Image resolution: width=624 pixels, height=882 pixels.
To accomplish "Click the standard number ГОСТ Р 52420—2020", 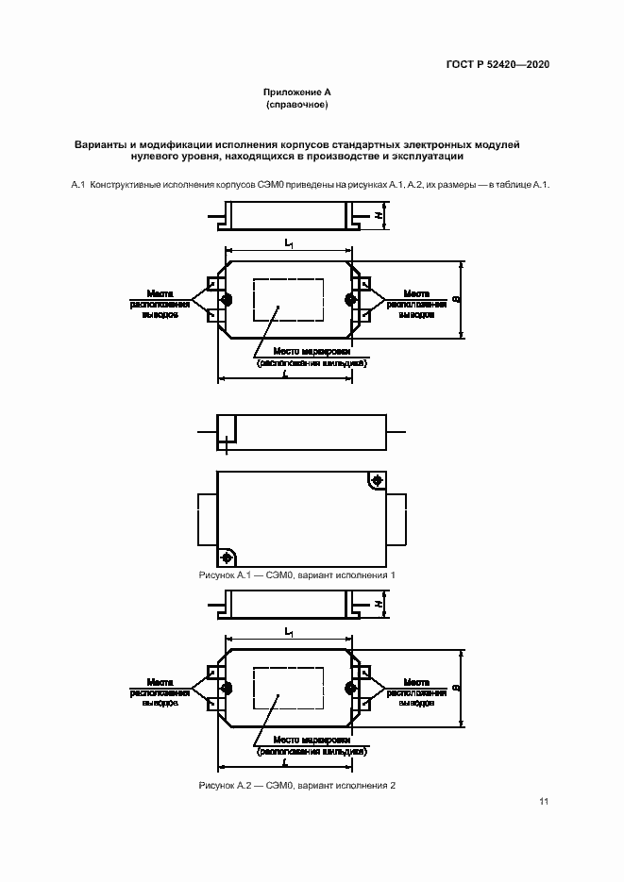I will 498,64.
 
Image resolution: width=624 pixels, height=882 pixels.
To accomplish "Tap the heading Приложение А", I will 296,93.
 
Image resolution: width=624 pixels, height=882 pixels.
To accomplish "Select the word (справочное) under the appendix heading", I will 296,105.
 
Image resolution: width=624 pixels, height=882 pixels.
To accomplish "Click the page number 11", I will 544,802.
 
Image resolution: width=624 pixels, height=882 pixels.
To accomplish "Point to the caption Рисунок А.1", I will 296,574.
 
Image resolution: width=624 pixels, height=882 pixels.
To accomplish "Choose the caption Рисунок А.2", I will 296,786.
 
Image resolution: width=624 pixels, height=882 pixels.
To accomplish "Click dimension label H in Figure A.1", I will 378,216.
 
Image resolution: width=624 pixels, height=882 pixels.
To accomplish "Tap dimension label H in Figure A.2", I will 378,604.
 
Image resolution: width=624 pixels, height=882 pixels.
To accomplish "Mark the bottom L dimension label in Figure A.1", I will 285,374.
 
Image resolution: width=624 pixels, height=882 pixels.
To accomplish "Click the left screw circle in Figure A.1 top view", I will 227,301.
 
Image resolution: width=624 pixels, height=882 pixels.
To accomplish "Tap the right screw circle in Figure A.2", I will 350,688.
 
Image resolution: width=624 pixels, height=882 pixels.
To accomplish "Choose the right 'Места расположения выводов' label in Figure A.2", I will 416,692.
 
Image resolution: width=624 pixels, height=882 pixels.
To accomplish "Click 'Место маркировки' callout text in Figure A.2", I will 312,741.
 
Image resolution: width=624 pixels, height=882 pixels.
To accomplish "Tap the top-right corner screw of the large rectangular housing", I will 377,481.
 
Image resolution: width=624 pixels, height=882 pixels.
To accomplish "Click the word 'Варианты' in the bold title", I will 101,144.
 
